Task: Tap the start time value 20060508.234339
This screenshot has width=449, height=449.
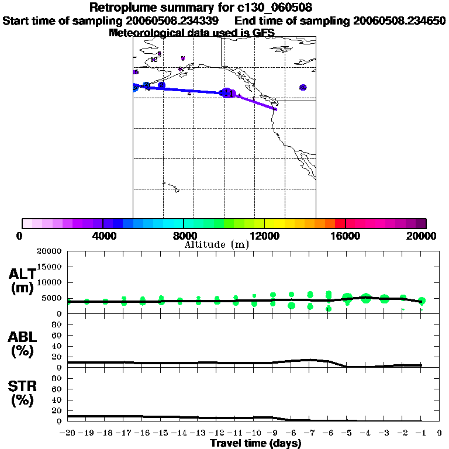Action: [x=176, y=21]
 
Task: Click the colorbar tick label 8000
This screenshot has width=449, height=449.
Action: [x=183, y=236]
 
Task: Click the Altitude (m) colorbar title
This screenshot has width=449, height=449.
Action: [x=217, y=245]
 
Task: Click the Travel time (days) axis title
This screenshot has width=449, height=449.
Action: [x=255, y=443]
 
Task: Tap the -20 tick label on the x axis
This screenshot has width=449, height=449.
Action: [x=68, y=433]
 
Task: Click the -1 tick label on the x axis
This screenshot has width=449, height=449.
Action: [x=421, y=433]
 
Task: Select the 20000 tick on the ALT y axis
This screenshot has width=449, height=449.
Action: [x=50, y=251]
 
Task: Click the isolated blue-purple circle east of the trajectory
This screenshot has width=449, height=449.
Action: [x=303, y=87]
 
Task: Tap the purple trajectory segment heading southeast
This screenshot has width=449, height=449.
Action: [x=257, y=102]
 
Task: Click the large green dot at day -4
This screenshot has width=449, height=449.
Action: [x=367, y=298]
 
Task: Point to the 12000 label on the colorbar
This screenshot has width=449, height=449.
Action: [x=264, y=236]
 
